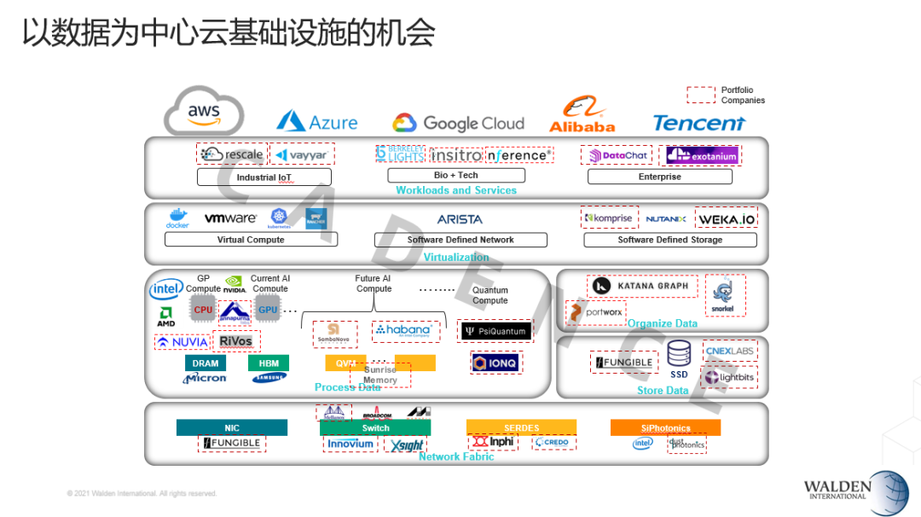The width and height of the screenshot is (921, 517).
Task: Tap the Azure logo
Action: [316, 121]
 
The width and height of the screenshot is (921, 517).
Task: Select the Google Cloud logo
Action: [458, 123]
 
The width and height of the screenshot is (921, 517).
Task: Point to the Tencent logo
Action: [698, 123]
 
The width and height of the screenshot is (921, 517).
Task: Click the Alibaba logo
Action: [582, 116]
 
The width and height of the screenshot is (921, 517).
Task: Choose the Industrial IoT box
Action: [264, 177]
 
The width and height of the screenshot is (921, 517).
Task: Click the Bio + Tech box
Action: [456, 175]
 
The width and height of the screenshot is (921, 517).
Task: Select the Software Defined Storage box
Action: [669, 240]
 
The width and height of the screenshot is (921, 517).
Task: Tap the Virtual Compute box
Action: [251, 240]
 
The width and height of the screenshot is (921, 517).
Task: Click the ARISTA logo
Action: [460, 219]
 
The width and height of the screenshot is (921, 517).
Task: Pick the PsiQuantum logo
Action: [494, 330]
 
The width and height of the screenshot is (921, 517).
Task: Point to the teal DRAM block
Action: [205, 363]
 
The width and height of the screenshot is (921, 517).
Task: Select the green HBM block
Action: [269, 363]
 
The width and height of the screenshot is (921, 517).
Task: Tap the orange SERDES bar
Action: [521, 427]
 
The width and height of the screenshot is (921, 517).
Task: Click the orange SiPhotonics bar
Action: [665, 427]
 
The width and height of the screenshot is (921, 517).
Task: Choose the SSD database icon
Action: [679, 353]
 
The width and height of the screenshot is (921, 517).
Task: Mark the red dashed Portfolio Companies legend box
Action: [701, 95]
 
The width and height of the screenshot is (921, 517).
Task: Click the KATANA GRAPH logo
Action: [642, 286]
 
